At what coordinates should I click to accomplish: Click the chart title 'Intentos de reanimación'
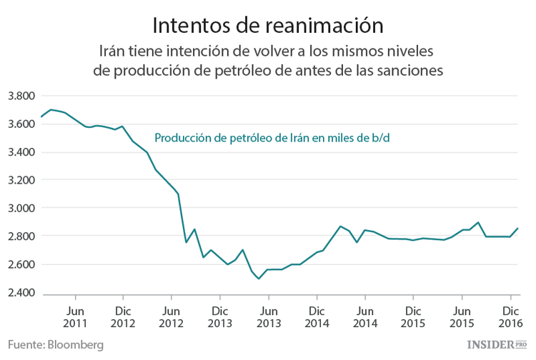point(268,24)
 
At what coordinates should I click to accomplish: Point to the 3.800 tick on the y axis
point(21,96)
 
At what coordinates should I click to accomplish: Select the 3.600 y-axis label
point(21,124)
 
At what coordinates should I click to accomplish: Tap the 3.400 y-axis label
point(21,152)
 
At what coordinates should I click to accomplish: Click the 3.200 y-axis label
point(21,180)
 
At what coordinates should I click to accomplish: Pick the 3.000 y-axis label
point(21,209)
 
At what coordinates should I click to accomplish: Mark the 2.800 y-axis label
point(21,236)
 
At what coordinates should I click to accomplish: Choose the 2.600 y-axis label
point(21,264)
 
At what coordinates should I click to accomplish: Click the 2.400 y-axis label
point(21,292)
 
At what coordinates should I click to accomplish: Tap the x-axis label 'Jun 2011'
point(75,318)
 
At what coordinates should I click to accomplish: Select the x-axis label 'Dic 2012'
point(123,318)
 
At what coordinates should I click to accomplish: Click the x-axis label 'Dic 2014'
point(317,318)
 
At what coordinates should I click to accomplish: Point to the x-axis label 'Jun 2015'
point(462,318)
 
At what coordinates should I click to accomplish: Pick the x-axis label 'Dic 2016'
point(510,318)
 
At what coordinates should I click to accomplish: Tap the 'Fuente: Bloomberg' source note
point(56,345)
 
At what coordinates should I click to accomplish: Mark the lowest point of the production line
point(259,279)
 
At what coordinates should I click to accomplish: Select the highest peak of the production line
point(50,109)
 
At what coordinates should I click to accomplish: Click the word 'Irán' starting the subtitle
point(116,51)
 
